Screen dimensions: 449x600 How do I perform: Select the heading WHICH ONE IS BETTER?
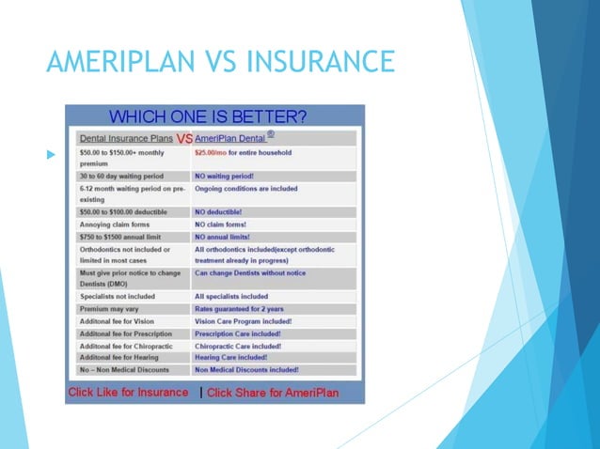coord(208,117)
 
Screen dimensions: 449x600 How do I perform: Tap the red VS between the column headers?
coord(184,138)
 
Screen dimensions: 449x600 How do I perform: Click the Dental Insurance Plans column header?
coord(126,138)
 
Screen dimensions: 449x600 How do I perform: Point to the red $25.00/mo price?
coord(213,152)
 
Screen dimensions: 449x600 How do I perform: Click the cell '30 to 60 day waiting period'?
coord(121,176)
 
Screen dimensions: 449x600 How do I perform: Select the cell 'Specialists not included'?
coord(118,297)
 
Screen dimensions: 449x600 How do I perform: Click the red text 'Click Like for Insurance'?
coord(128,392)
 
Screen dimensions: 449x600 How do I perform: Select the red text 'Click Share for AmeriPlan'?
coord(280,392)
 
